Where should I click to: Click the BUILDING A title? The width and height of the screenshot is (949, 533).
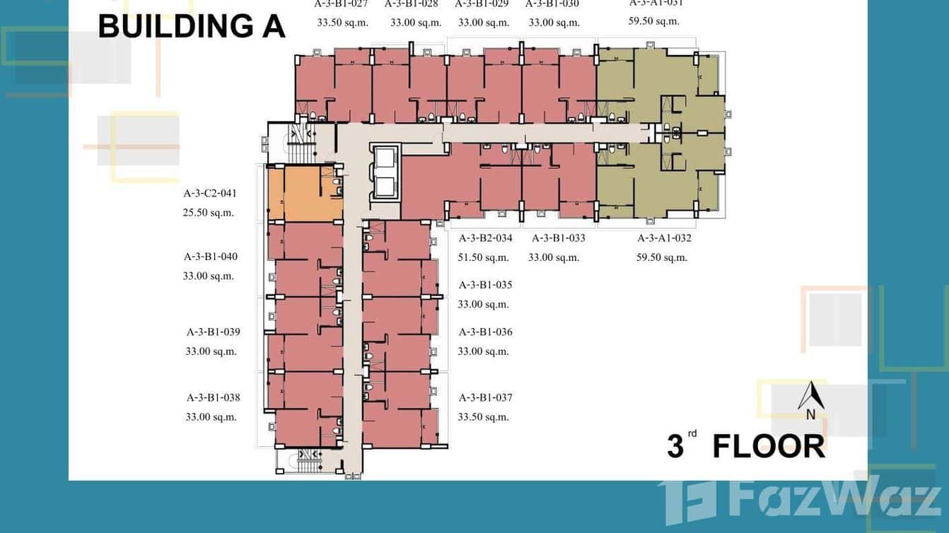click(192, 27)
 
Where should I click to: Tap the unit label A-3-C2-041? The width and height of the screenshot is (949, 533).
click(210, 193)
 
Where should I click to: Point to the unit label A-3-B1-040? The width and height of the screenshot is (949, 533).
click(211, 257)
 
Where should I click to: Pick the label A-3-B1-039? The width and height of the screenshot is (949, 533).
click(214, 332)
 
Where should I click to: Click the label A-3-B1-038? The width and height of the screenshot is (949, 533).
click(214, 397)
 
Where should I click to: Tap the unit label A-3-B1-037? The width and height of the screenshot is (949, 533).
click(486, 397)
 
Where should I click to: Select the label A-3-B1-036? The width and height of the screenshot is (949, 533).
click(486, 332)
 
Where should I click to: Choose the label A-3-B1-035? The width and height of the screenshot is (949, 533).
click(486, 285)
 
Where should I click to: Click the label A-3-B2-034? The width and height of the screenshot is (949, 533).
click(486, 238)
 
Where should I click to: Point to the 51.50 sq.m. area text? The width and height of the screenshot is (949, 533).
click(484, 257)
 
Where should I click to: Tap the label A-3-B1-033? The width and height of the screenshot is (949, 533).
click(559, 238)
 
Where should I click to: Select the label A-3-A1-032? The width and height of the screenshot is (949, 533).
click(665, 238)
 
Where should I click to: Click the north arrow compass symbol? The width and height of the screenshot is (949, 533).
click(811, 400)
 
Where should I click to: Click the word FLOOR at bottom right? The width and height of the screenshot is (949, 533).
click(769, 447)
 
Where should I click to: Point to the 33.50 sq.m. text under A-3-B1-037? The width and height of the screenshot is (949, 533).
click(484, 417)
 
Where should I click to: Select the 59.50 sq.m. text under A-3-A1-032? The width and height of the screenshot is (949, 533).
click(662, 257)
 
